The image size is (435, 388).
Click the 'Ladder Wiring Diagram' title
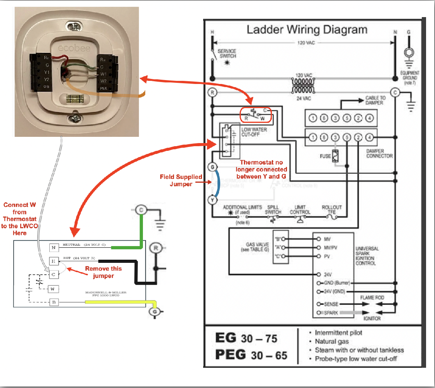pos(307,30)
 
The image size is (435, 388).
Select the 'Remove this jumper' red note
pos(103,272)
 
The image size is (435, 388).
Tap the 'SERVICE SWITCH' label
pos(227,54)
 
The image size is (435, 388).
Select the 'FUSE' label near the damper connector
pos(325,156)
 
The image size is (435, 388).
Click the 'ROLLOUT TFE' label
pos(331,210)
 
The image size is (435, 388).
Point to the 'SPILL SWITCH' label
pos(273,210)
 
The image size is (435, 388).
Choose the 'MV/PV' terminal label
pos(331,247)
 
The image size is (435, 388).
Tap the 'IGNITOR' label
pos(372,318)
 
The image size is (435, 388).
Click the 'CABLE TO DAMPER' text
pos(375,100)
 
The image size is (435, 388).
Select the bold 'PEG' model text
pos(230,354)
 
